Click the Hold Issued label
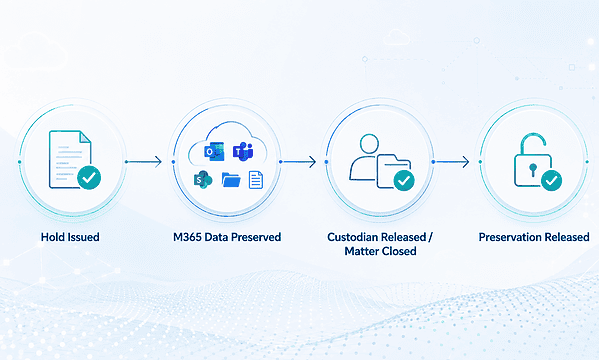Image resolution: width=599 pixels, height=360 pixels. (x=70, y=237)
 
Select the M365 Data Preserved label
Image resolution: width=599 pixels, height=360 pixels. (x=227, y=237)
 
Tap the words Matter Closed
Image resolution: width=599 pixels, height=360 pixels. (x=380, y=251)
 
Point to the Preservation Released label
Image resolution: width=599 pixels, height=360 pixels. (x=534, y=237)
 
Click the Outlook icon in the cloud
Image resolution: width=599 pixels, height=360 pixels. (x=214, y=152)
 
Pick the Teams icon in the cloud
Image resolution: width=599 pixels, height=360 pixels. (x=243, y=151)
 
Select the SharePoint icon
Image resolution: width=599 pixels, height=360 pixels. (x=203, y=180)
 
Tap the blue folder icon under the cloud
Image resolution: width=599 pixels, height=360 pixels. (x=231, y=180)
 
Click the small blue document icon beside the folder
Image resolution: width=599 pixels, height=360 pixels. (x=256, y=180)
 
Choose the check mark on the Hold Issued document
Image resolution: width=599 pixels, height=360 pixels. (x=89, y=177)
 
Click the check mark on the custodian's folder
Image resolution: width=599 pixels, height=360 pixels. (x=404, y=180)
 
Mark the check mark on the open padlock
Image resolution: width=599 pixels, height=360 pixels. (x=552, y=180)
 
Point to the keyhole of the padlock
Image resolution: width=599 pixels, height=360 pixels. (x=533, y=170)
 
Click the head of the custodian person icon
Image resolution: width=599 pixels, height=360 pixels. (x=369, y=144)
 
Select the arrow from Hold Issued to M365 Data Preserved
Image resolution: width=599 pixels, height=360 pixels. (x=144, y=162)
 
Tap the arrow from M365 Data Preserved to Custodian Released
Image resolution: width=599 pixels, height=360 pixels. (x=298, y=162)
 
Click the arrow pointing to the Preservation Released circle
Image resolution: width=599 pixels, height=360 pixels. (x=451, y=162)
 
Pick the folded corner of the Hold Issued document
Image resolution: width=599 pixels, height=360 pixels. (x=85, y=137)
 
